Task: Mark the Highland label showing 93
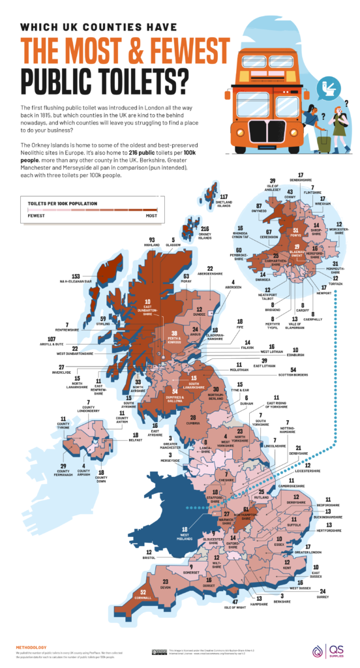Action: pyautogui.click(x=151, y=243)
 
